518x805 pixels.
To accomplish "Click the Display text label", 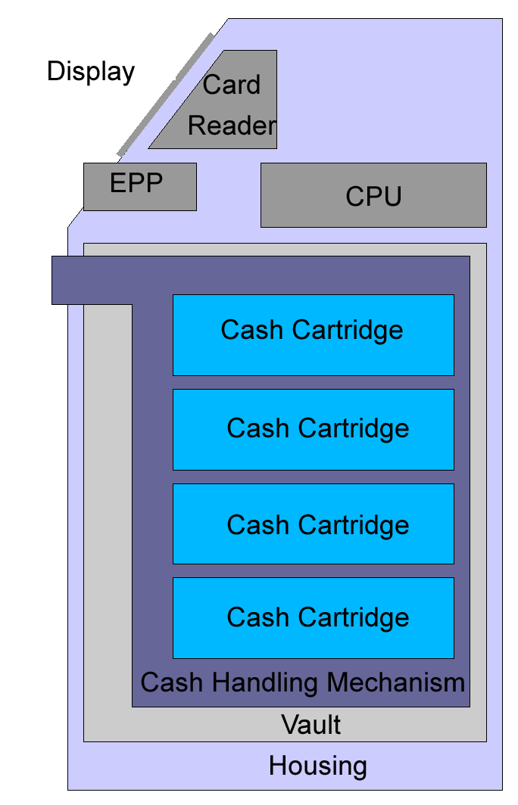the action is pyautogui.click(x=90, y=72).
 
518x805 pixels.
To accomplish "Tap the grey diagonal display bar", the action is pyautogui.click(x=165, y=95).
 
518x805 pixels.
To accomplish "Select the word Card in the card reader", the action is pyautogui.click(x=231, y=85).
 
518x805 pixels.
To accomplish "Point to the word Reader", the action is pyautogui.click(x=232, y=126).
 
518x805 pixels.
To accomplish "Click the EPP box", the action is pyautogui.click(x=140, y=187).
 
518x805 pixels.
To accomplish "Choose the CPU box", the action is pyautogui.click(x=373, y=195).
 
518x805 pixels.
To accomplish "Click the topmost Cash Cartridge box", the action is pyautogui.click(x=314, y=334).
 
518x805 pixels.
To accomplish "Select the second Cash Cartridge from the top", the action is pyautogui.click(x=314, y=430).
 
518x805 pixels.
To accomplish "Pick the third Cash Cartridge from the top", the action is pyautogui.click(x=314, y=524).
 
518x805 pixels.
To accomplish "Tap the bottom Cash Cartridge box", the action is pyautogui.click(x=314, y=618).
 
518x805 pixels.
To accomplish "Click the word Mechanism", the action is pyautogui.click(x=395, y=682).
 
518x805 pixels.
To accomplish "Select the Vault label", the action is pyautogui.click(x=311, y=725).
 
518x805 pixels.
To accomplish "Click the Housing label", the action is pyautogui.click(x=318, y=766).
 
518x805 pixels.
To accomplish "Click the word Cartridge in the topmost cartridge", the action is pyautogui.click(x=348, y=330).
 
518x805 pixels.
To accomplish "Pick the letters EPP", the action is pyautogui.click(x=136, y=183).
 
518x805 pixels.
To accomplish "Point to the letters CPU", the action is pyautogui.click(x=373, y=197).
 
